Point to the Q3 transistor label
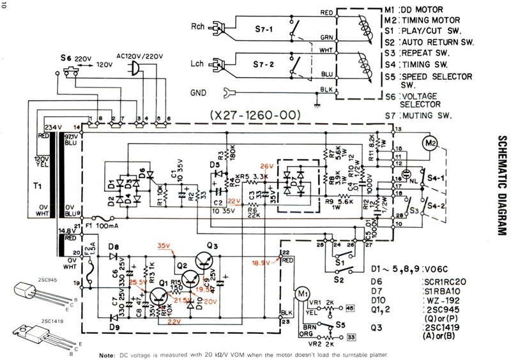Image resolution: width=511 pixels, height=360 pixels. pos(211,246)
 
